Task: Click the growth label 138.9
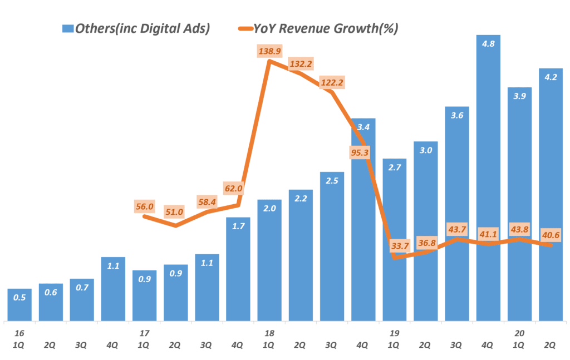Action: coord(269,52)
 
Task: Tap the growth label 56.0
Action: coord(145,206)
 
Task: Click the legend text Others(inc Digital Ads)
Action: coord(142,28)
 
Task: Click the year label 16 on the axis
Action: coord(19,333)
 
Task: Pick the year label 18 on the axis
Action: coord(269,333)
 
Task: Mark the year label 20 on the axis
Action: coord(519,333)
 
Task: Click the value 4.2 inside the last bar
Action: coord(551,77)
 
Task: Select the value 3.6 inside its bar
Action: coord(457,115)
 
